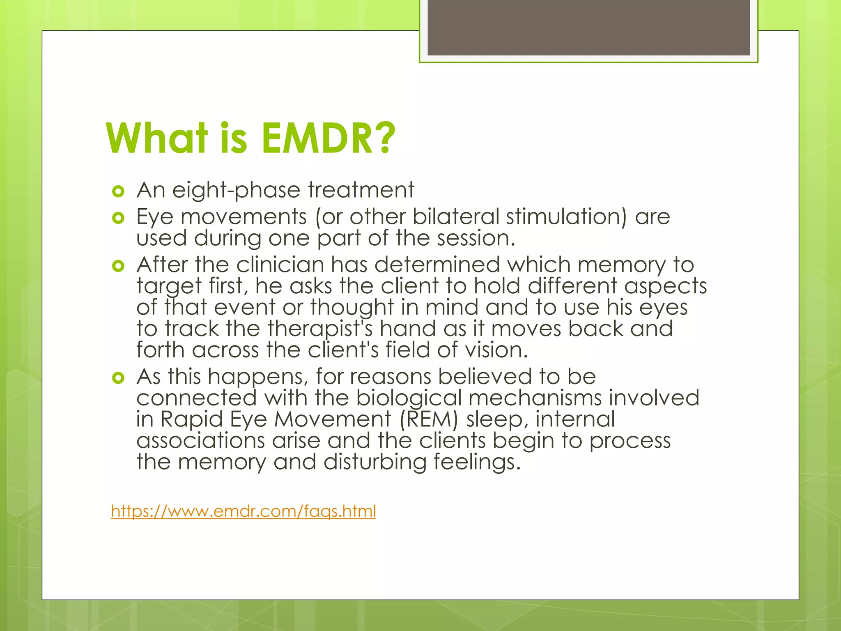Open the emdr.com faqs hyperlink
[243, 511]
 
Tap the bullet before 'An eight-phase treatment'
[118, 191]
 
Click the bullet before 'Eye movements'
[118, 218]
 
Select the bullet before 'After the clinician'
[118, 266]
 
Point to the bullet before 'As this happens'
[118, 378]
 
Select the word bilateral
[456, 216]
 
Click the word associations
[200, 441]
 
